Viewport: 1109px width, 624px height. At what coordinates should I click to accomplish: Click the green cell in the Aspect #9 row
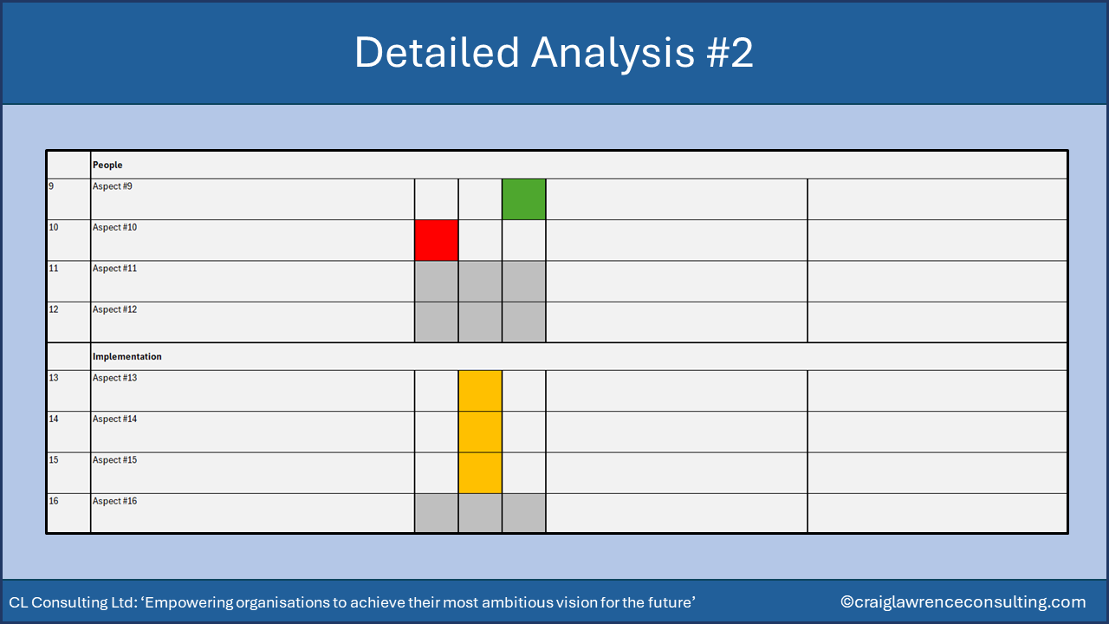coord(524,199)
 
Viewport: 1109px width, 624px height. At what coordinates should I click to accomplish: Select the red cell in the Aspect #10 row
coord(437,240)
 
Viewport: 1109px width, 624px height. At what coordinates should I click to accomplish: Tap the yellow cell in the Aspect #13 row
coord(480,391)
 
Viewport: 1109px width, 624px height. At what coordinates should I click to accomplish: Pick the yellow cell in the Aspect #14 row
coord(480,432)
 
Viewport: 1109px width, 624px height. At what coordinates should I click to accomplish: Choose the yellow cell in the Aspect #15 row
coord(480,473)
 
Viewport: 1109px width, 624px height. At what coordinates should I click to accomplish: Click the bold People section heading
coord(107,165)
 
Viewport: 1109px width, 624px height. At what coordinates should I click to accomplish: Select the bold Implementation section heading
coord(127,356)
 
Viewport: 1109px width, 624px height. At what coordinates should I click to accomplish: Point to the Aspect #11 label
coord(115,269)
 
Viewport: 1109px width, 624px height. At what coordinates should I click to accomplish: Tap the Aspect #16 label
coord(115,501)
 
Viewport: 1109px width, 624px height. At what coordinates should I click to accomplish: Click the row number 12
coord(54,309)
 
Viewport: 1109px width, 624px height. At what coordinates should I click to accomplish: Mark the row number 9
coord(51,186)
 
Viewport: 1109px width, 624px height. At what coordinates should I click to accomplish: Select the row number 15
coord(54,460)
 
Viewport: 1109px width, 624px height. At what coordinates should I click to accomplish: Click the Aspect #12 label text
coord(115,309)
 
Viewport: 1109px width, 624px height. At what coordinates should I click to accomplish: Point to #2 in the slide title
coord(730,53)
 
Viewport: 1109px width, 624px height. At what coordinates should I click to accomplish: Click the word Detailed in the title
coord(437,53)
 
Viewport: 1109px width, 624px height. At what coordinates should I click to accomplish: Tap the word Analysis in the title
coord(613,54)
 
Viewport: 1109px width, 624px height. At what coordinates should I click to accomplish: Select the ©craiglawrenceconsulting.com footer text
coord(963,602)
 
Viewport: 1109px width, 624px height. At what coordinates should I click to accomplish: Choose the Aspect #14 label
coord(115,419)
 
